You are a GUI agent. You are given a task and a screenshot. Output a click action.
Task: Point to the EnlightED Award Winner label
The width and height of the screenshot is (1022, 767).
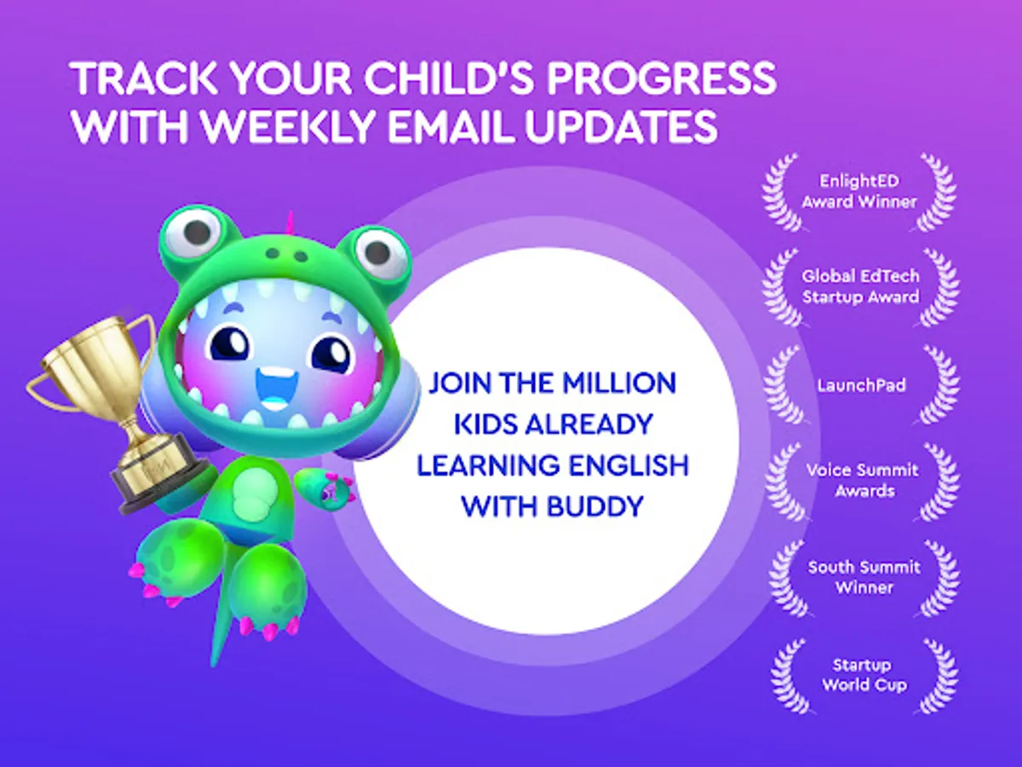pyautogui.click(x=859, y=191)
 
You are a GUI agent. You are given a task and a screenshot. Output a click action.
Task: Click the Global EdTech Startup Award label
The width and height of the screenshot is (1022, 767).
pyautogui.click(x=860, y=286)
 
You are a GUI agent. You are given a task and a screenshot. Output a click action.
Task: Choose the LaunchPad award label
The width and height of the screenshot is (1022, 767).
pyautogui.click(x=861, y=385)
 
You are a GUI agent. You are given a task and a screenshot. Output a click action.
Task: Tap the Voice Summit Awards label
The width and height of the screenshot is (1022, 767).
pyautogui.click(x=863, y=480)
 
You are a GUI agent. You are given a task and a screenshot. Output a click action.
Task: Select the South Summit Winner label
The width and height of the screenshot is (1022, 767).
pyautogui.click(x=864, y=577)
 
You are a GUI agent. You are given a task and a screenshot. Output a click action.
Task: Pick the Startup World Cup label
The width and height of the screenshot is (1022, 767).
pyautogui.click(x=864, y=674)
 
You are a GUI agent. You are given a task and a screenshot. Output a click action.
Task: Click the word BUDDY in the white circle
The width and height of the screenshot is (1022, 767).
pyautogui.click(x=595, y=506)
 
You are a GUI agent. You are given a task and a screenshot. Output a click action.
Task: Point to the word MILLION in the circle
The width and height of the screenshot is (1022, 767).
pyautogui.click(x=618, y=383)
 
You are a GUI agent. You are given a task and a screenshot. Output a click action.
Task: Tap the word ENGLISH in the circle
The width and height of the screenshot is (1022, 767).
pyautogui.click(x=629, y=465)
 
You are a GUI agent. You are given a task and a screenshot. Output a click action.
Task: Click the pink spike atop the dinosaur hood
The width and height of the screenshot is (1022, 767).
pyautogui.click(x=291, y=223)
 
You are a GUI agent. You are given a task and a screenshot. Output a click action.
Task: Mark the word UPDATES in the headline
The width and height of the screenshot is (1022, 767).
pyautogui.click(x=622, y=126)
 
